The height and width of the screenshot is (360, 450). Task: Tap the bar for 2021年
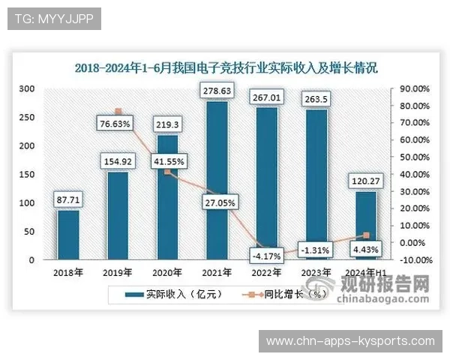[x=217, y=180]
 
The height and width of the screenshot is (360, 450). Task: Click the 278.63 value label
[x=217, y=91]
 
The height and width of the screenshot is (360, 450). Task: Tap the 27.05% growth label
[x=217, y=202]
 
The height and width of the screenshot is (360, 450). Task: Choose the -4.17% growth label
[x=266, y=256]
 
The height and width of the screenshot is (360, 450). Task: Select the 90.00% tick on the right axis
[x=413, y=88]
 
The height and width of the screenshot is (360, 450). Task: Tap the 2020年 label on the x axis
[x=167, y=272]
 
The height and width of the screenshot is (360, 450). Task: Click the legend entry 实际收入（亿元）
[x=162, y=295]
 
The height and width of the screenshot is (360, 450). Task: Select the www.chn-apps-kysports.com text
[x=350, y=341]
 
